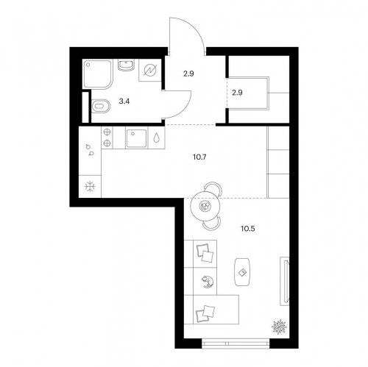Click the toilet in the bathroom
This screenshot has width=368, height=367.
click(x=101, y=106)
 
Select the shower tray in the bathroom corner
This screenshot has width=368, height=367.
click(x=98, y=74)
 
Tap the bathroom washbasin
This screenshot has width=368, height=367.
click(x=126, y=65)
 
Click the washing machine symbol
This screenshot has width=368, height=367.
click(x=150, y=70)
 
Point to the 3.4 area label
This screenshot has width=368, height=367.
click(x=124, y=101)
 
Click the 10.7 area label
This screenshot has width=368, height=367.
click(x=199, y=157)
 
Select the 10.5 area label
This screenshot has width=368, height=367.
click(x=248, y=229)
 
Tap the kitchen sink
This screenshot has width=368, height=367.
click(x=136, y=138)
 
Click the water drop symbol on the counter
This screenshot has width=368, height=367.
click(x=156, y=138)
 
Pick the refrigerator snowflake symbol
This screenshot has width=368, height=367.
click(x=90, y=187)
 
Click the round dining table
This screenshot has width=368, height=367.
click(x=205, y=206)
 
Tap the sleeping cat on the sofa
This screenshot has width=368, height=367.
click(x=208, y=281)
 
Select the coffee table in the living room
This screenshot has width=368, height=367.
click(x=242, y=271)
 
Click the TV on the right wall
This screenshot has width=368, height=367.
click(x=285, y=281)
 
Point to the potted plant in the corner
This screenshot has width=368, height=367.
click(x=279, y=327)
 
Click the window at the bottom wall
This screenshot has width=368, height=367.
click(x=236, y=343)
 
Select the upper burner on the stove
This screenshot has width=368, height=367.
click(x=107, y=132)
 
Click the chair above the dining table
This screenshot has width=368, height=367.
click(x=213, y=187)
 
